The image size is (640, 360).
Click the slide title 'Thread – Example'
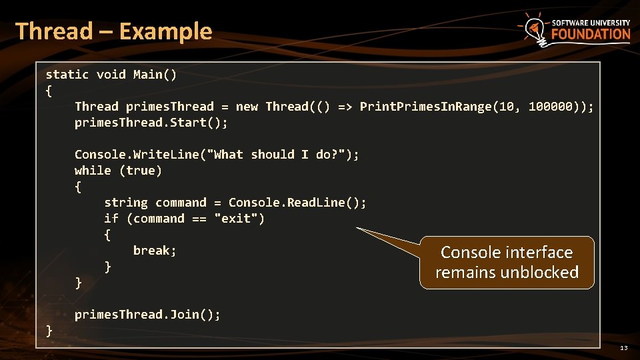tap(113, 31)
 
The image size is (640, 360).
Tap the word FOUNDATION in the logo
tap(591, 35)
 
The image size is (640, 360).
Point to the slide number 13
tap(623, 348)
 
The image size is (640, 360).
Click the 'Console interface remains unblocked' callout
tap(507, 262)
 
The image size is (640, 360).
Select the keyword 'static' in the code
tap(67, 74)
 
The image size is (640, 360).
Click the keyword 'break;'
tap(155, 251)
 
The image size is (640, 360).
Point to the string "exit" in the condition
tap(239, 219)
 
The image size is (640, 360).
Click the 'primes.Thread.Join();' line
tap(147, 314)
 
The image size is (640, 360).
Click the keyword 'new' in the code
tap(247, 107)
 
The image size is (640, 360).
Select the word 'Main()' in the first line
tap(155, 74)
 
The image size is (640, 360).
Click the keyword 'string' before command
tap(126, 203)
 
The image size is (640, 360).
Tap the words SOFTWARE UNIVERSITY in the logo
tap(591, 22)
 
